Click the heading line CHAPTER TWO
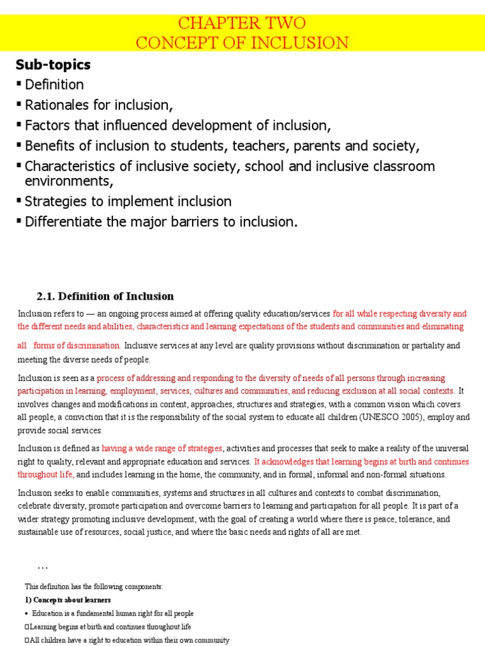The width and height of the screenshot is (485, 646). pos(242,23)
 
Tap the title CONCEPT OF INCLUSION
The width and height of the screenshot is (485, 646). pos(242,42)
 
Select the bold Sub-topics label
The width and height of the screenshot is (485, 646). pos(53,65)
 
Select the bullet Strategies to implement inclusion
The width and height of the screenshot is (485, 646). pos(128,201)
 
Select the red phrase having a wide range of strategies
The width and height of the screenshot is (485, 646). pos(162,448)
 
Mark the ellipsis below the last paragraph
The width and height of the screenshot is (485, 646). pos(43,565)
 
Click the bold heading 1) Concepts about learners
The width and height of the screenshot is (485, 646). pos(66,599)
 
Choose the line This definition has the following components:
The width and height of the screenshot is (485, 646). pos(93,586)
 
